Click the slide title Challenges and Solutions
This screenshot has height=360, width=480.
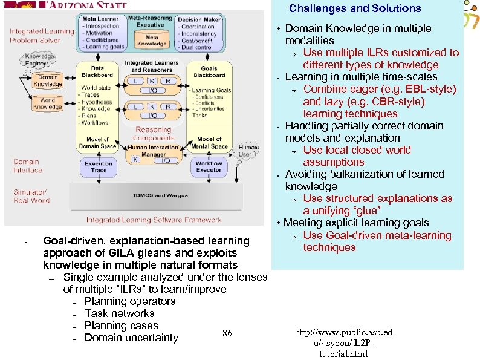point(354,8)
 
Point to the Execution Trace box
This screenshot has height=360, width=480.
point(98,166)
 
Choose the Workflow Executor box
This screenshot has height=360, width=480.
point(209,166)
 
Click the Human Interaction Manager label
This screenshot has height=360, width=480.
point(153,151)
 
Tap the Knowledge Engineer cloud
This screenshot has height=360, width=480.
point(37,61)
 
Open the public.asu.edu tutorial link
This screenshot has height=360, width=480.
point(343,343)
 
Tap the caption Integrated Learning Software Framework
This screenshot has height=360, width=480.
point(154,220)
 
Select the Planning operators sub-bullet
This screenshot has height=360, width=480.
point(129,301)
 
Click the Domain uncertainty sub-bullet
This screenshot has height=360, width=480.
point(131,338)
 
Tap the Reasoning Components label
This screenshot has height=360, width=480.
point(153,134)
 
